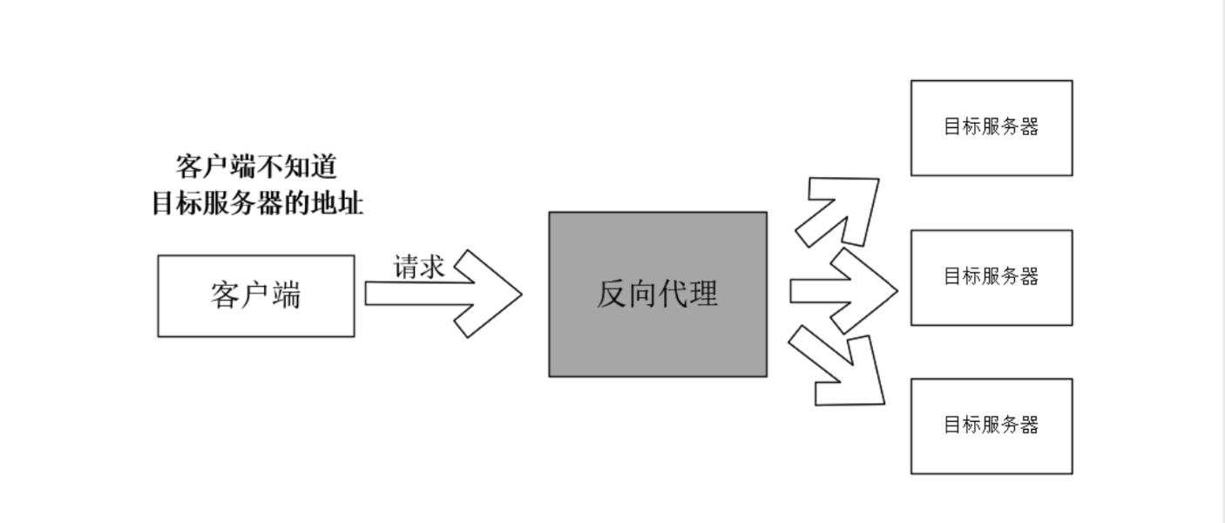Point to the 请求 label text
(419, 267)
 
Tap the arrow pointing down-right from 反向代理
(841, 370)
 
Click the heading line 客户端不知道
(256, 166)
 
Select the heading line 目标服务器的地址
(257, 204)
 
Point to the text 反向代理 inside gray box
(657, 294)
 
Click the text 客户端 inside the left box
(255, 295)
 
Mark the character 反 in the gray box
(612, 294)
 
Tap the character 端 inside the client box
(286, 295)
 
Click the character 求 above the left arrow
(432, 267)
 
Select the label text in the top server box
(991, 126)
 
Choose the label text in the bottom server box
(991, 425)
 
